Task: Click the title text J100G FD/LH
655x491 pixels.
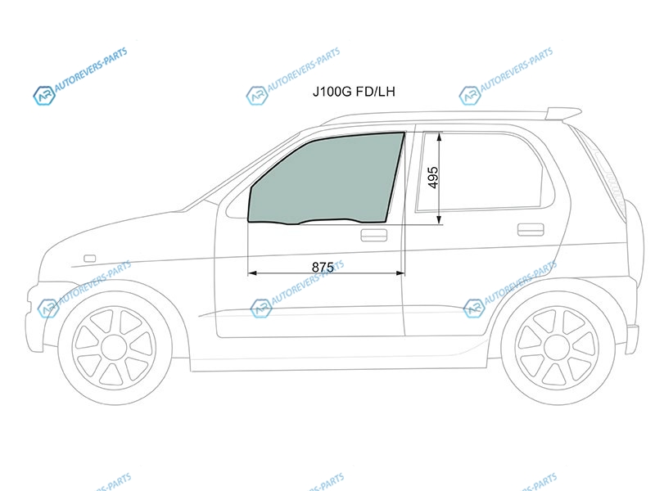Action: (354, 92)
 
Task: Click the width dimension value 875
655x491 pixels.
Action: (323, 267)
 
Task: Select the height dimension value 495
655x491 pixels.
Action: (433, 178)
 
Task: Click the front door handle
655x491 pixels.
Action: (374, 235)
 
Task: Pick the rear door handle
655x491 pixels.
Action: (531, 230)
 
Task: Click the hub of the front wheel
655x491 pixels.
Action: (115, 348)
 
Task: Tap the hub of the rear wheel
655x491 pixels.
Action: (558, 348)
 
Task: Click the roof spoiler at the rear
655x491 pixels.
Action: (563, 113)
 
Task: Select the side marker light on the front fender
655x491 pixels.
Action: (90, 259)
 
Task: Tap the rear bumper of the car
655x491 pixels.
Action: (632, 338)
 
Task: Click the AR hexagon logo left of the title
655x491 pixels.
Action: (256, 96)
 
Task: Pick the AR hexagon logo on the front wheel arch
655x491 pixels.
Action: (48, 309)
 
